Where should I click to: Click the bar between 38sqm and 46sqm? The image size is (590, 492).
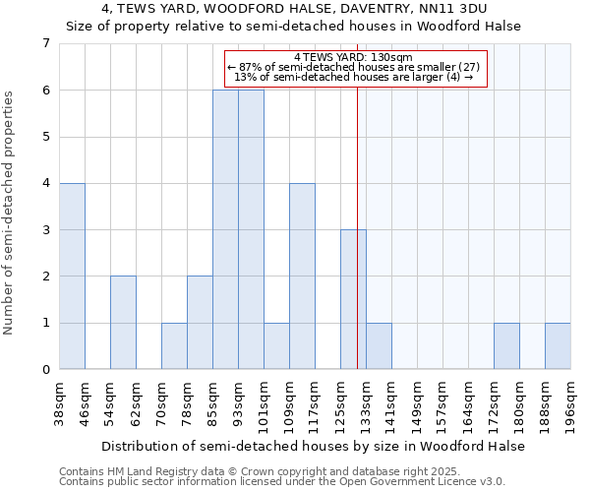[72, 277]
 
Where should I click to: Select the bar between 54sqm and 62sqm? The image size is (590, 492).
[123, 323]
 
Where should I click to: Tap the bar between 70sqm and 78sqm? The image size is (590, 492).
[174, 346]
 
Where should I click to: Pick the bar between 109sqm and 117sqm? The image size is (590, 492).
[302, 277]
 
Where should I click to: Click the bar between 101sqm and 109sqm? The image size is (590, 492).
[276, 346]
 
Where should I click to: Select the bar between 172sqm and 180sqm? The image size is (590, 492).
[506, 346]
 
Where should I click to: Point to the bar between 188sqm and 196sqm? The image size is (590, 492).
[558, 346]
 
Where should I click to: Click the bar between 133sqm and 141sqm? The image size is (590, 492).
[379, 346]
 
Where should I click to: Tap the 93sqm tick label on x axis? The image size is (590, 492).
[239, 401]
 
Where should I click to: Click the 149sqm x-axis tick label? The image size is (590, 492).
[418, 401]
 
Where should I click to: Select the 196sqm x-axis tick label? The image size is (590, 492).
[571, 401]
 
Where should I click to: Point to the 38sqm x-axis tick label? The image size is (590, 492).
[60, 401]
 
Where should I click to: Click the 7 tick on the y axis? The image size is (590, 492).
[45, 43]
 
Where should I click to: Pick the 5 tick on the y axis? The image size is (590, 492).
[45, 137]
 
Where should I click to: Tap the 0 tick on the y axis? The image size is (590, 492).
[45, 370]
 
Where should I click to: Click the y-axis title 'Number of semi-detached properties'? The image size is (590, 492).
[10, 213]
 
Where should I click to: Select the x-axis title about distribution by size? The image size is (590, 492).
[315, 446]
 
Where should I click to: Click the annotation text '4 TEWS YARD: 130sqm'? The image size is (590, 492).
[356, 57]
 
